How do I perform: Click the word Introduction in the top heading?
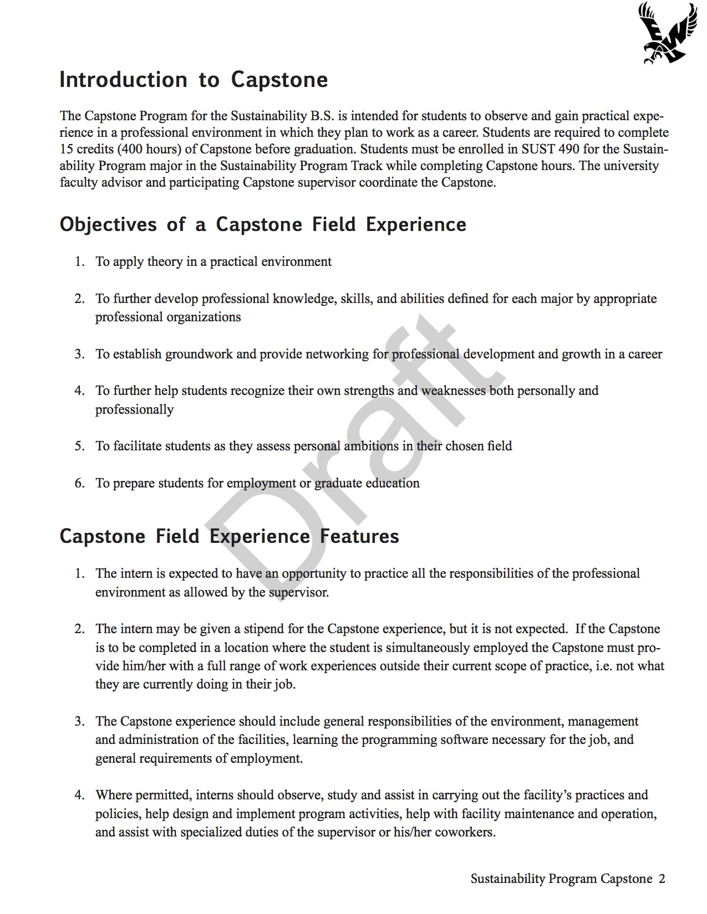[x=123, y=80]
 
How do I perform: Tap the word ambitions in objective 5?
[x=371, y=446]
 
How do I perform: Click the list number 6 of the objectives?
[x=79, y=483]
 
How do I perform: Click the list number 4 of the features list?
[x=79, y=795]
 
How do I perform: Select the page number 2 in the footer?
[x=662, y=879]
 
